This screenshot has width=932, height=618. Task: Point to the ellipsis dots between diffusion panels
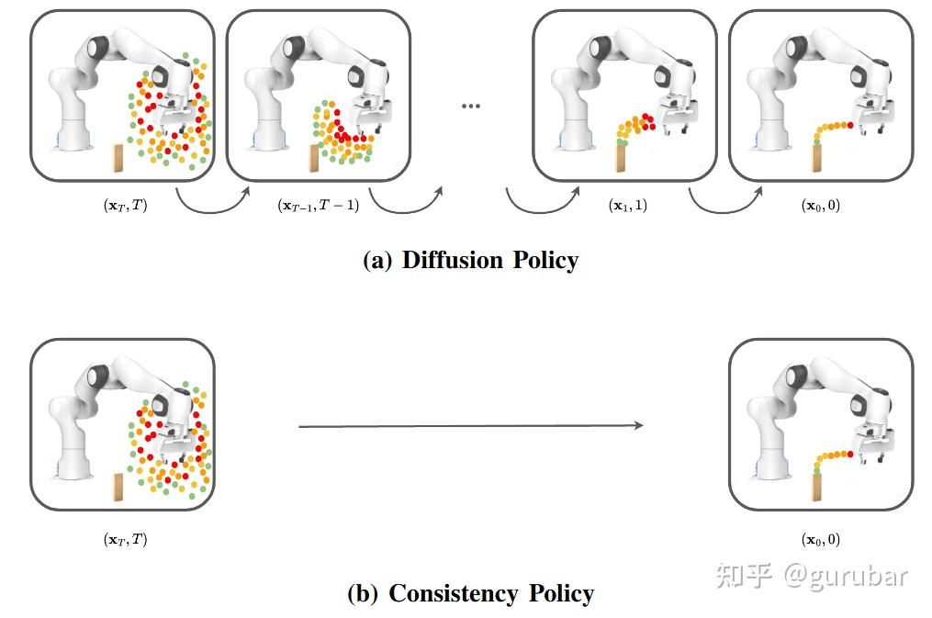471,107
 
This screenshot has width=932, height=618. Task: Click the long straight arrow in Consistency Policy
470,425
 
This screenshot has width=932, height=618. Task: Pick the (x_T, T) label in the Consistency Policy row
125,540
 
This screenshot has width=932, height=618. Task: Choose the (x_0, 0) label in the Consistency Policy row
820,540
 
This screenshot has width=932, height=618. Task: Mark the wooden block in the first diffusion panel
118,158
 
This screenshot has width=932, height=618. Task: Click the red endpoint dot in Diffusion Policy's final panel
850,125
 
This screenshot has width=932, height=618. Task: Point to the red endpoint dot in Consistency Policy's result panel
850,455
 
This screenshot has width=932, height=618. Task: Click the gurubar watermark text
845,576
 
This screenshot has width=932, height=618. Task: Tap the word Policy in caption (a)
542,261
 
